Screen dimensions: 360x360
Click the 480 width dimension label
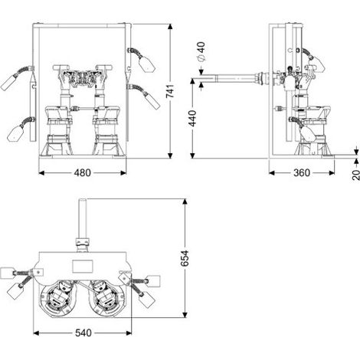[x=82, y=173]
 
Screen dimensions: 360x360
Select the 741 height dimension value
[x=170, y=90]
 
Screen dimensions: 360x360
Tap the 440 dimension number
[x=192, y=118]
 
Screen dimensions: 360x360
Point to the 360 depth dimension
[x=302, y=173]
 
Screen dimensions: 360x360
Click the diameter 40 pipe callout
[x=201, y=51]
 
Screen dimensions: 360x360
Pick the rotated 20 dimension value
[x=355, y=175]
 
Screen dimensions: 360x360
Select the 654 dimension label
[x=185, y=258]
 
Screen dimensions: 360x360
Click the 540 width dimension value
[x=83, y=333]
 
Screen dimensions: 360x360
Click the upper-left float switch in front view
[x=8, y=82]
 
